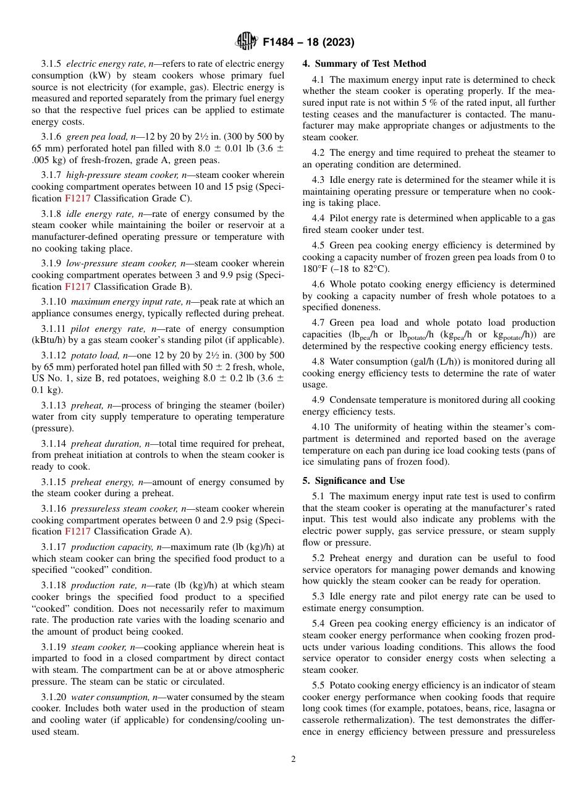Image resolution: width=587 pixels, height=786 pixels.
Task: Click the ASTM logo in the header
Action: (x=247, y=42)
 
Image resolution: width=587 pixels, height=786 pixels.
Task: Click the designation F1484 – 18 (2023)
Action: (x=308, y=43)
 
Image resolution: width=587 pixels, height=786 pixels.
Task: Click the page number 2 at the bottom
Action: (x=293, y=759)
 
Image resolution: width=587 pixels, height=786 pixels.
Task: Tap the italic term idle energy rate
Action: (x=95, y=214)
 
